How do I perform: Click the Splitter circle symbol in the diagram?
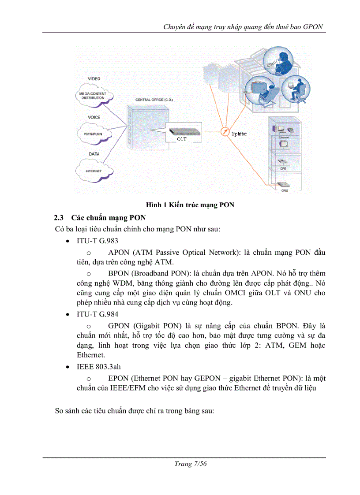(x=225, y=131)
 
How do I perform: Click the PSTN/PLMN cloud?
(x=94, y=133)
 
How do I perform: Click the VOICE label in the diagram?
(x=94, y=117)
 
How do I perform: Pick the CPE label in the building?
(x=284, y=168)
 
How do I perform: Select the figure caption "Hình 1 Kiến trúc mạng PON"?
(x=190, y=205)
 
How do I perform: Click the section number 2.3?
(x=59, y=218)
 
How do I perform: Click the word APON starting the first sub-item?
(x=119, y=252)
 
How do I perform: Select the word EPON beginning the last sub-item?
(x=118, y=378)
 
